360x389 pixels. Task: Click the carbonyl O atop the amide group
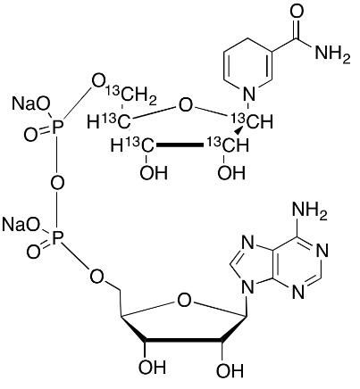click(297, 12)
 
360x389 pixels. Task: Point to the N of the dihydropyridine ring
click(249, 95)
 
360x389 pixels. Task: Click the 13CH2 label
click(131, 95)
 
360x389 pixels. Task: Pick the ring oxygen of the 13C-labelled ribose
click(185, 106)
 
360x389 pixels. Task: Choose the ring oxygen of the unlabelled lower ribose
click(184, 301)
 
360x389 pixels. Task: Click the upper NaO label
click(30, 103)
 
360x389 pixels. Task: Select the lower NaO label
click(21, 225)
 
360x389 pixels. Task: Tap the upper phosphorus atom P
click(58, 128)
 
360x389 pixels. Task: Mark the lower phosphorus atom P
click(58, 238)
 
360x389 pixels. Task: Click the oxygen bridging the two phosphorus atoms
click(57, 183)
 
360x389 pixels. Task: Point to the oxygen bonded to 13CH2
click(98, 82)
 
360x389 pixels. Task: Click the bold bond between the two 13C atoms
click(180, 145)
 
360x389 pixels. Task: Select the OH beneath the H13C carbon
click(154, 172)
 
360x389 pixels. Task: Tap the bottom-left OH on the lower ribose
click(152, 367)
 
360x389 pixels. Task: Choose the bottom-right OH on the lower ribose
click(230, 371)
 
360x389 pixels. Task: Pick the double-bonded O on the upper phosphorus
click(31, 135)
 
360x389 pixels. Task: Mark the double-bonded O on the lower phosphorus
click(33, 251)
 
